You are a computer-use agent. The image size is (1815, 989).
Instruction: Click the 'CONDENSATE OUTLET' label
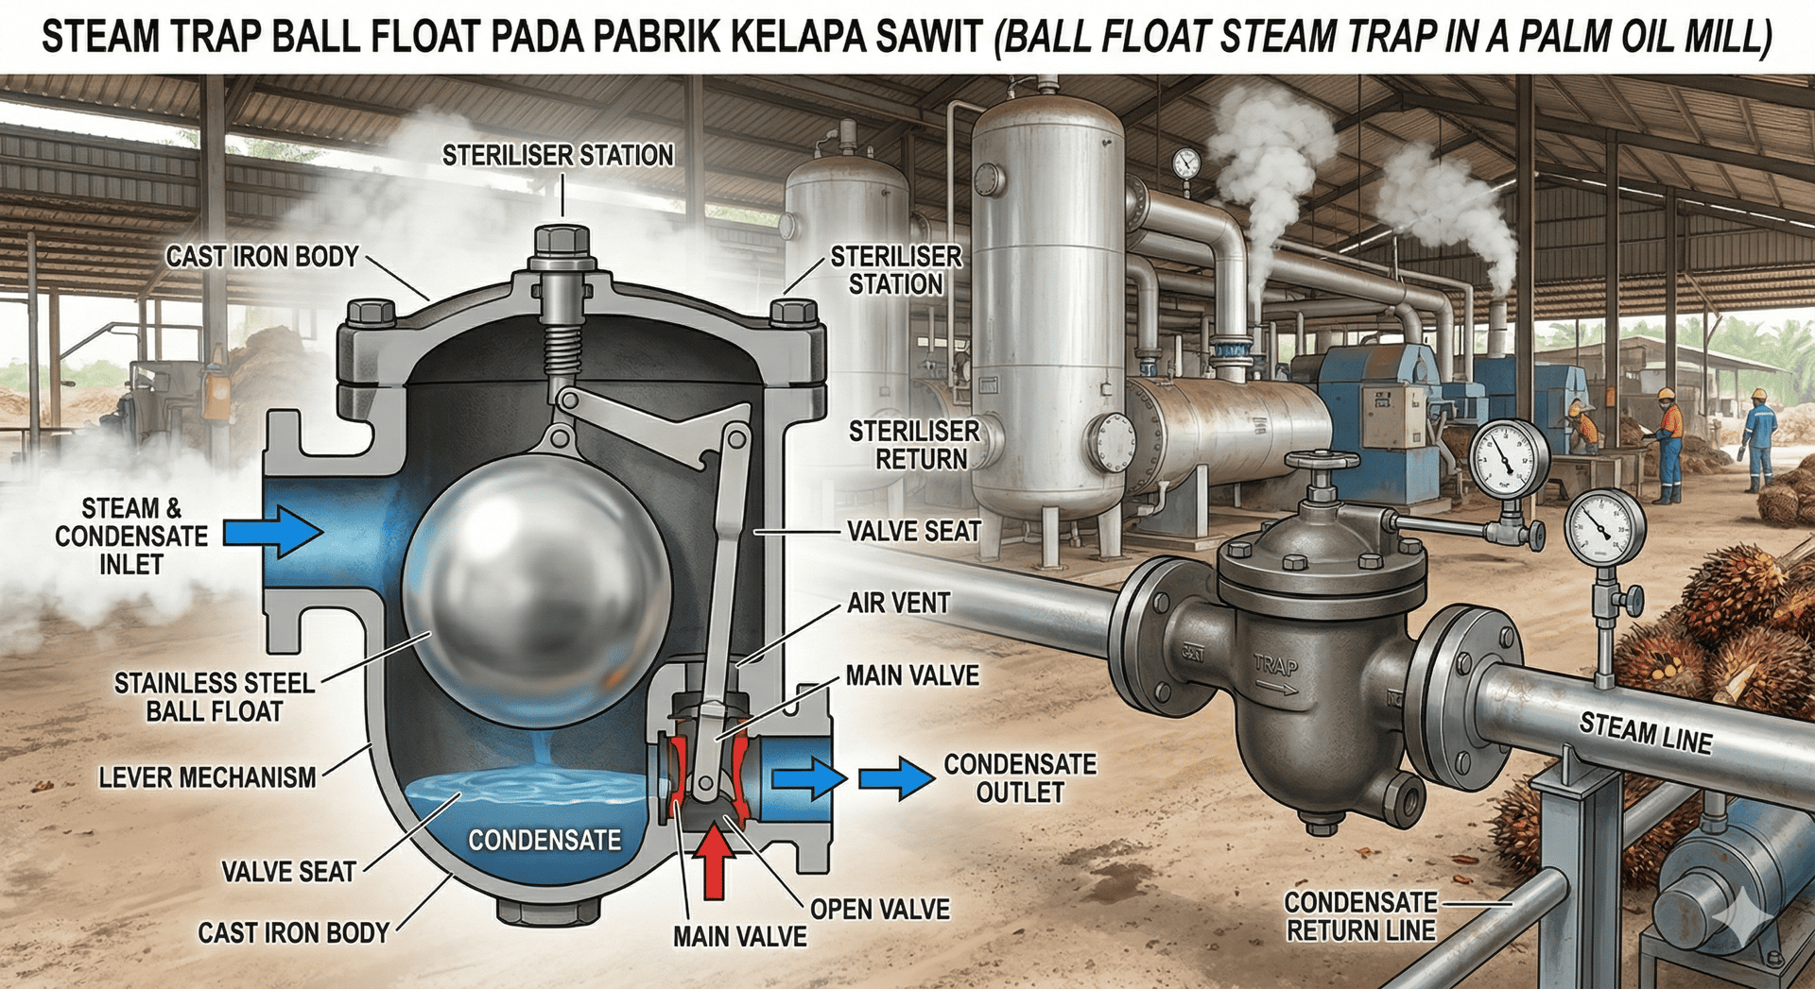1020,778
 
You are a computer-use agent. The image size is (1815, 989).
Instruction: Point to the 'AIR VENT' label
898,604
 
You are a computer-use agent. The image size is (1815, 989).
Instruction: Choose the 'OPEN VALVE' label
880,910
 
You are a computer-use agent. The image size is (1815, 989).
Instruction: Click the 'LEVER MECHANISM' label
207,777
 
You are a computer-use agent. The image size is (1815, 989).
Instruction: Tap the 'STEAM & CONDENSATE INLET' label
131,537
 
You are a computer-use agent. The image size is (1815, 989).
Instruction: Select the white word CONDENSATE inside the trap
544,841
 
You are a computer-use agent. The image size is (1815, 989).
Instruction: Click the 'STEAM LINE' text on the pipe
1646,734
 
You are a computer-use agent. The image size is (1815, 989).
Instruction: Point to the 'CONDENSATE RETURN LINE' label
1360,916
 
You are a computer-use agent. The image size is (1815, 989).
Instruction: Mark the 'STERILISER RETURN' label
914,446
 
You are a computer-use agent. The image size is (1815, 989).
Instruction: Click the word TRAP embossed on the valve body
1275,666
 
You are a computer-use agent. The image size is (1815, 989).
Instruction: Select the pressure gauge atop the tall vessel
1185,163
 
